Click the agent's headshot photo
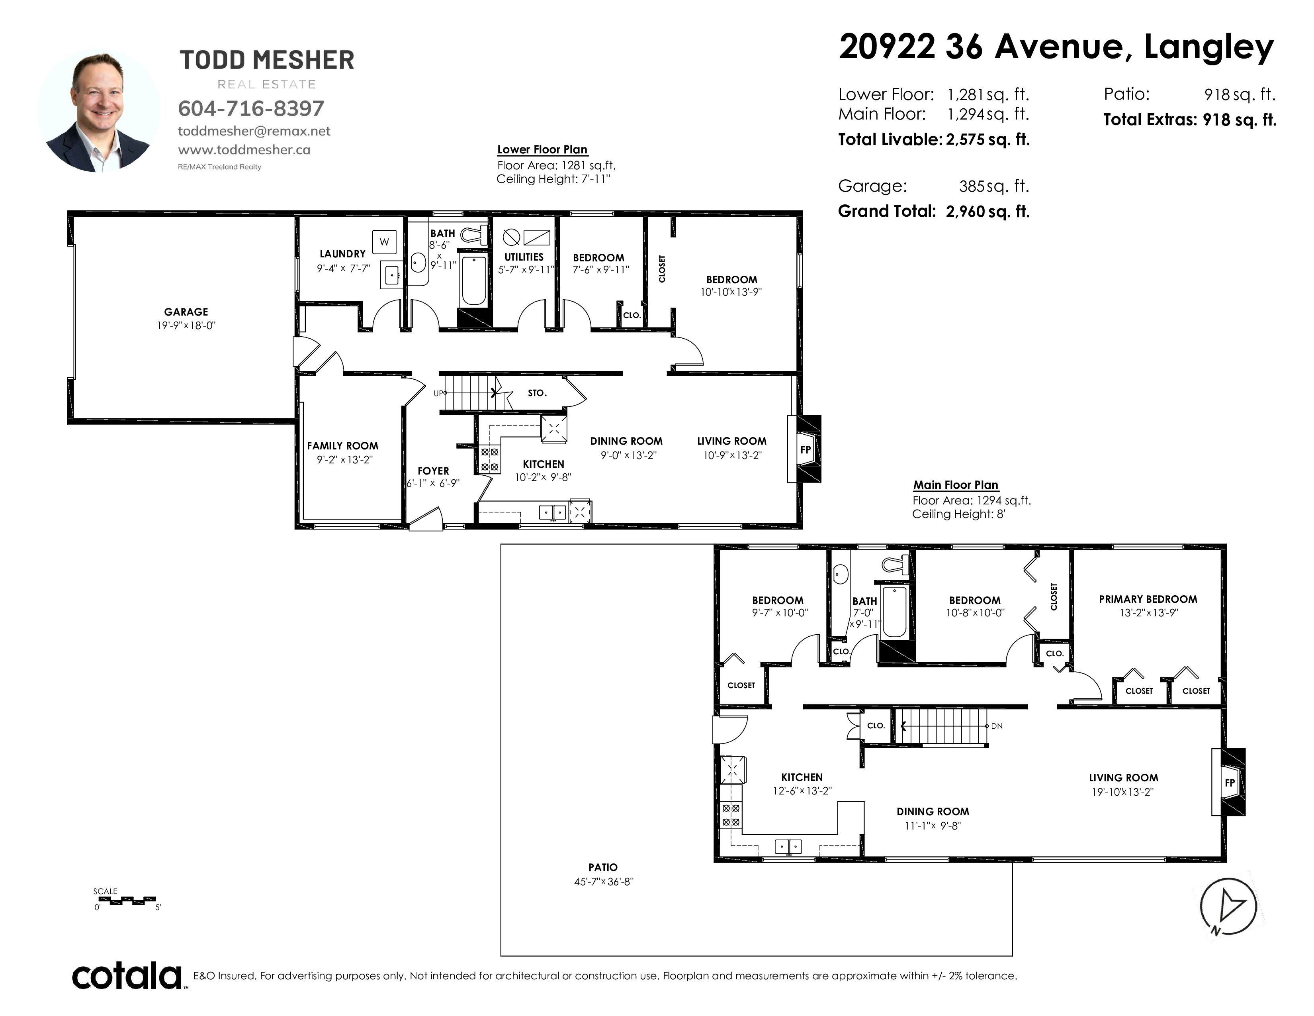pyautogui.click(x=99, y=111)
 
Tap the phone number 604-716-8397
pyautogui.click(x=251, y=108)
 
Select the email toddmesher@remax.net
pyautogui.click(x=254, y=131)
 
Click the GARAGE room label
pyautogui.click(x=186, y=312)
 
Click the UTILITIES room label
pyautogui.click(x=524, y=257)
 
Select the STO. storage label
pyautogui.click(x=537, y=393)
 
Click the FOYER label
pyautogui.click(x=433, y=471)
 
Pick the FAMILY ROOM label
pyautogui.click(x=342, y=446)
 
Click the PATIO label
pyautogui.click(x=603, y=867)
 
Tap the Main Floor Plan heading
pyautogui.click(x=956, y=485)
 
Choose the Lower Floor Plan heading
pyautogui.click(x=542, y=150)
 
